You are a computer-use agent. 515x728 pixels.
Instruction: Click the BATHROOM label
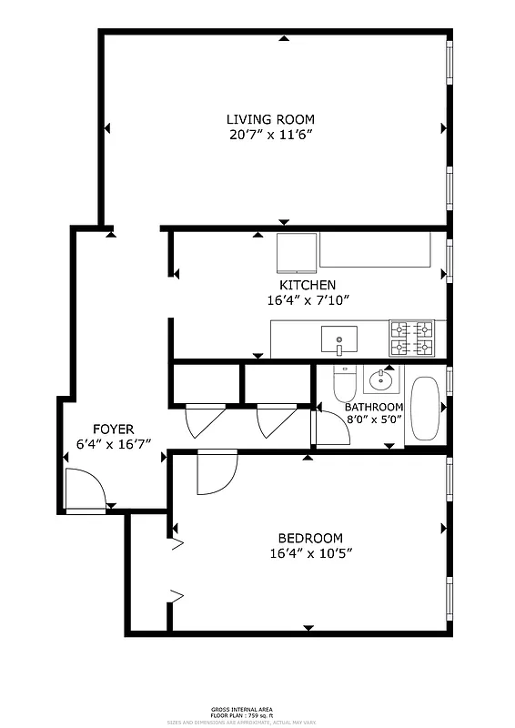(x=373, y=407)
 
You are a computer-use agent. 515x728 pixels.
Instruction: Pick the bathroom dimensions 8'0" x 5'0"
(x=373, y=420)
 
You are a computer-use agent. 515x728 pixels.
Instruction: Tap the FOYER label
(x=114, y=430)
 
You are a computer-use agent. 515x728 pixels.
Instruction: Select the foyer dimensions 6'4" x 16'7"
(x=114, y=444)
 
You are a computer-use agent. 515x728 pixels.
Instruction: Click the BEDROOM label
(x=311, y=538)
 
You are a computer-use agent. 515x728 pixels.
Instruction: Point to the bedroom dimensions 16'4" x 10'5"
(x=311, y=552)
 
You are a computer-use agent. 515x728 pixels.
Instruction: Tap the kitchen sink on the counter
(x=339, y=340)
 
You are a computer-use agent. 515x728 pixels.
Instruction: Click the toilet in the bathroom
(x=344, y=384)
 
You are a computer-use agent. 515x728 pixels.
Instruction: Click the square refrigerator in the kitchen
(x=297, y=252)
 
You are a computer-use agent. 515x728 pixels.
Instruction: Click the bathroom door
(x=329, y=428)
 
